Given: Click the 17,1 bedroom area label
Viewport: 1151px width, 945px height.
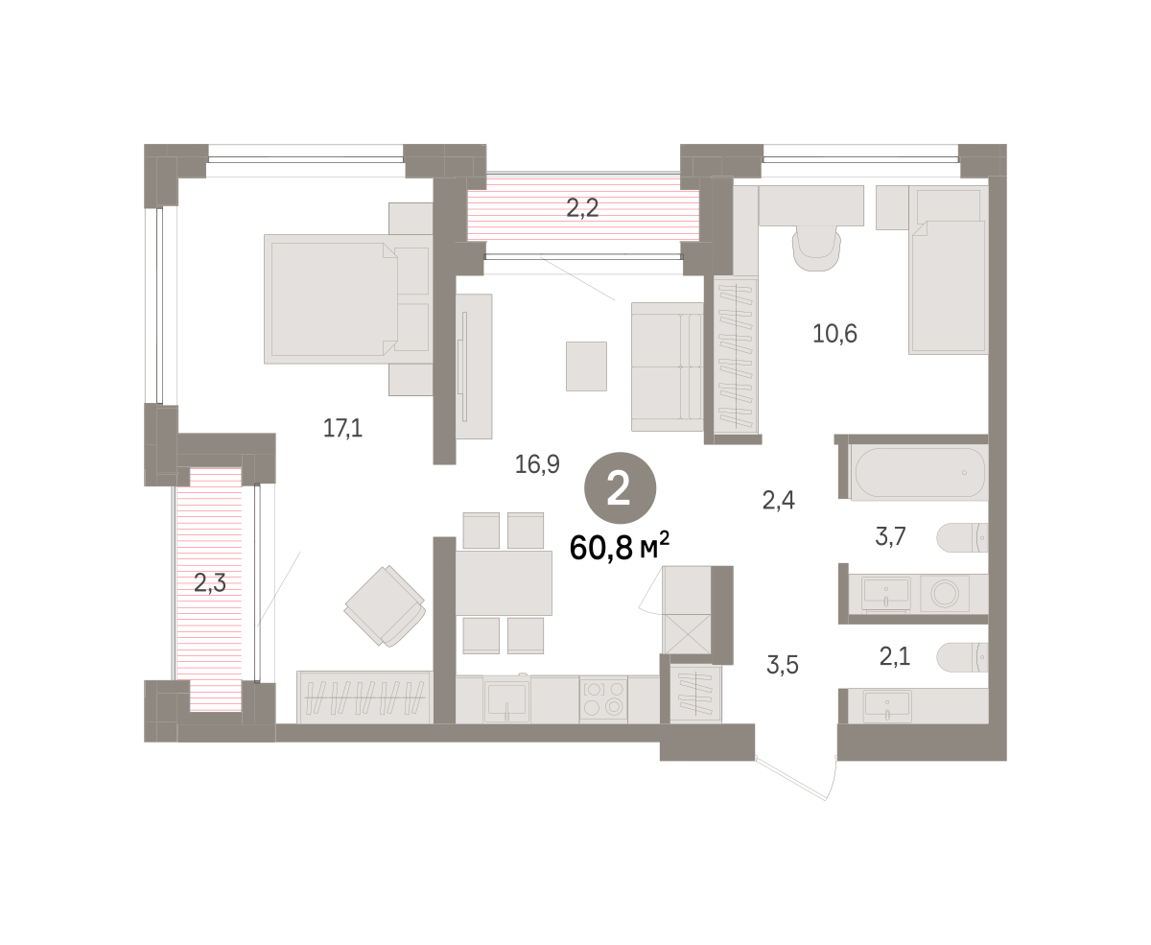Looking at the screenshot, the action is point(342,428).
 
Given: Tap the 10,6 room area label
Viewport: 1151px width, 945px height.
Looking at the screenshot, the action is point(834,334).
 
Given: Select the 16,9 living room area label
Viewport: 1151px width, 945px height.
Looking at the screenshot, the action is point(537,464).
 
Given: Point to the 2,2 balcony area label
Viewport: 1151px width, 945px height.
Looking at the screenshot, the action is point(582,208).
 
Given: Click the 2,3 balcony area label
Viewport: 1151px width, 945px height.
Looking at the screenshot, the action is point(209,583).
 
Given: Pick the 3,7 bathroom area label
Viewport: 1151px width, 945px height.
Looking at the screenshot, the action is point(890,536).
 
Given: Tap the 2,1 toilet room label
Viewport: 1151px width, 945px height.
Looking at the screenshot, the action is point(895,656).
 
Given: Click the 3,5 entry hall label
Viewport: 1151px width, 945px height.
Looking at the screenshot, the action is point(782,665).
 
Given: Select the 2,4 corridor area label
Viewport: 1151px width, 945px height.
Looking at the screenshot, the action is point(778,500).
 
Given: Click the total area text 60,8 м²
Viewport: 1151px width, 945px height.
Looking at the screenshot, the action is point(619,547).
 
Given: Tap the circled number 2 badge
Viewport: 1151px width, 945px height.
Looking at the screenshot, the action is point(620,488).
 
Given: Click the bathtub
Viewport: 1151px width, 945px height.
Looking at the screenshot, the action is point(920,473).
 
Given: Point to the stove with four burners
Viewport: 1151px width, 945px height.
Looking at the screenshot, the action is point(603,700).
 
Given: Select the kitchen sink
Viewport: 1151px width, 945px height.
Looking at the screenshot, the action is point(506,701).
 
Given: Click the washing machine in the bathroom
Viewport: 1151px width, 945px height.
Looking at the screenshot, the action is point(945,593).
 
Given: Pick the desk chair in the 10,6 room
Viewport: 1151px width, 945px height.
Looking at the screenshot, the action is point(816,248).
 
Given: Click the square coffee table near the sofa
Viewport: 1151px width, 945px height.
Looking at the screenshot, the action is point(586,366).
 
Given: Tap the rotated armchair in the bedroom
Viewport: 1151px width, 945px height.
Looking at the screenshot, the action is point(386,606).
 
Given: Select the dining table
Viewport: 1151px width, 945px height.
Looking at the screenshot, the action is point(504,583).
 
